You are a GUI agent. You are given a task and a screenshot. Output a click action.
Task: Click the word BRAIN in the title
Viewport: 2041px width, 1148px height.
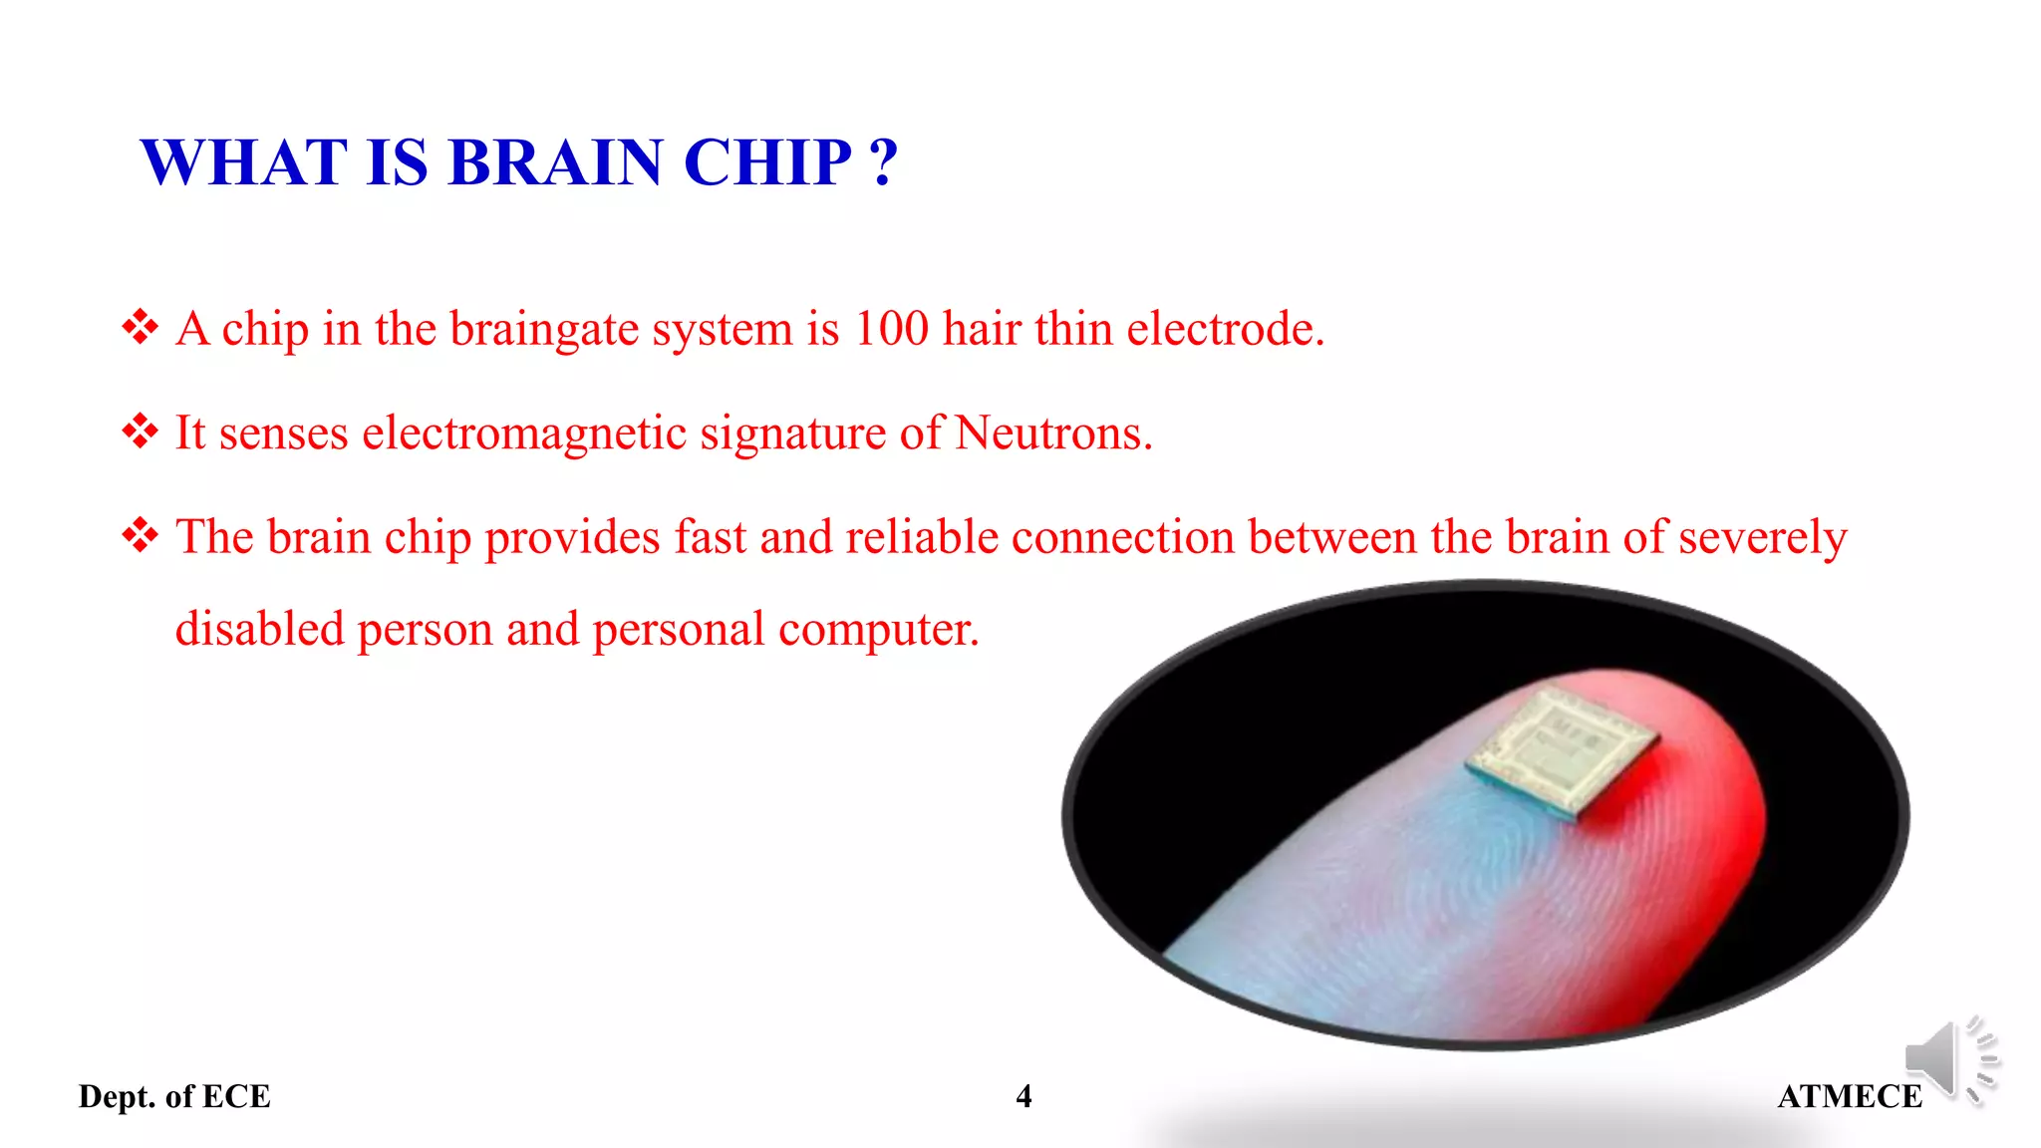click(x=555, y=162)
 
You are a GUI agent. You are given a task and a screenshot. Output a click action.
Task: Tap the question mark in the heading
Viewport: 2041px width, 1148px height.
click(x=883, y=162)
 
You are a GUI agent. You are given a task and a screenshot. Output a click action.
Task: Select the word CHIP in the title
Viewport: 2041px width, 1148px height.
click(x=767, y=162)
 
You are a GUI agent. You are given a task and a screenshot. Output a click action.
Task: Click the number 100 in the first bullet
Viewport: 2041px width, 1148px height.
click(x=891, y=329)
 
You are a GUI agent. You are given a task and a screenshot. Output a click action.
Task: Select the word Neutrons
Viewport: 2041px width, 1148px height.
click(x=1052, y=432)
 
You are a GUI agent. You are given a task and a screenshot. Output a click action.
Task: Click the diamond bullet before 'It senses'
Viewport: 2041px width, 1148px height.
click(x=141, y=431)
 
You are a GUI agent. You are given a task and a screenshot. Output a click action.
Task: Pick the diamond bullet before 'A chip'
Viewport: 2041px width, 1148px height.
click(x=141, y=327)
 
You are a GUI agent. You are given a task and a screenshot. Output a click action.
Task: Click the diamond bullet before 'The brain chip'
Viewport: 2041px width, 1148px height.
click(x=141, y=535)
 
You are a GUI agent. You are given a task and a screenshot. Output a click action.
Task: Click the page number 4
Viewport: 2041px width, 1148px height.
click(x=1023, y=1096)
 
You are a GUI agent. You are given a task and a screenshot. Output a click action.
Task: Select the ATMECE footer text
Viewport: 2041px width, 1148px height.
click(x=1850, y=1096)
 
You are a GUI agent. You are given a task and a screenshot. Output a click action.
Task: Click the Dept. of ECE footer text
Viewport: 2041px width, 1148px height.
click(x=174, y=1096)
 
